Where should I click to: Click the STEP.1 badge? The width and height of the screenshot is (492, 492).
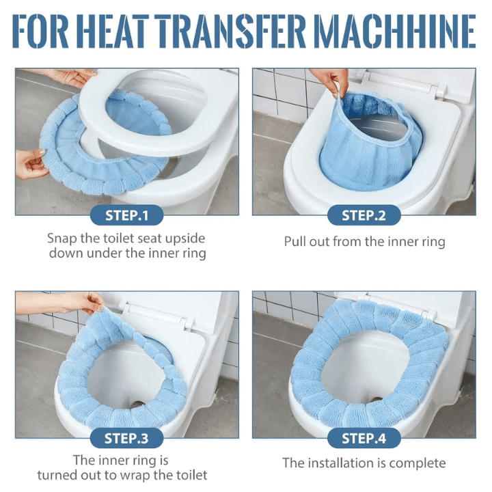[x=127, y=215]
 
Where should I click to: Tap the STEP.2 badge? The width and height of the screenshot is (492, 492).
[x=364, y=215]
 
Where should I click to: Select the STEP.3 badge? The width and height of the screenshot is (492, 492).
[x=127, y=438]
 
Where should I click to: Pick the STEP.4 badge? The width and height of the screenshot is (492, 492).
[x=364, y=438]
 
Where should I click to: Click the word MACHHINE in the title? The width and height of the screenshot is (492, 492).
[x=395, y=31]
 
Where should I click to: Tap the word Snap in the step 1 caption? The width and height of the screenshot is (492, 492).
[x=62, y=238]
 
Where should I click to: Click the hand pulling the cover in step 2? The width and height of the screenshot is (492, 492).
[x=331, y=81]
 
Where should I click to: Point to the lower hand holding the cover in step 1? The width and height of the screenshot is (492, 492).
[x=31, y=164]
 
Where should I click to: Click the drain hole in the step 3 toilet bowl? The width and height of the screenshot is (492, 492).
[x=137, y=405]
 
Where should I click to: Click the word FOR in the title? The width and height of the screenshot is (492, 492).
[x=41, y=31]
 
